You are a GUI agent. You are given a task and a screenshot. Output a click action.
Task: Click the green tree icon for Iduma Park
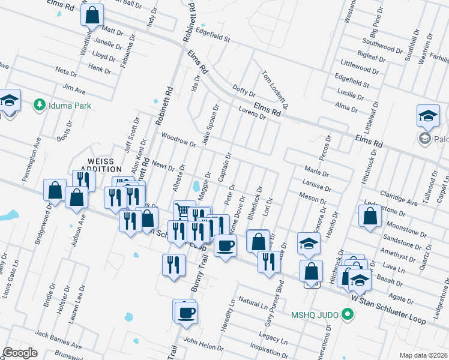[40, 105]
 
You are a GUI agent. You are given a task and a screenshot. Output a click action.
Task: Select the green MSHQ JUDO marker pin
[347, 314]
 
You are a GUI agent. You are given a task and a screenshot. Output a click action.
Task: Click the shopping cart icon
[182, 210]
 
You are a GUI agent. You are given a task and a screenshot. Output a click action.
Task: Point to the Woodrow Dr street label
[179, 140]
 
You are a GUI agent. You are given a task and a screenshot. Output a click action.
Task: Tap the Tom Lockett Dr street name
[275, 89]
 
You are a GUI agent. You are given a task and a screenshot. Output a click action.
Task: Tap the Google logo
[20, 352]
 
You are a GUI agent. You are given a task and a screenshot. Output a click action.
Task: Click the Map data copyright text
[423, 355]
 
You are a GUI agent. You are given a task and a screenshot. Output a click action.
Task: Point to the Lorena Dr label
[252, 113]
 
